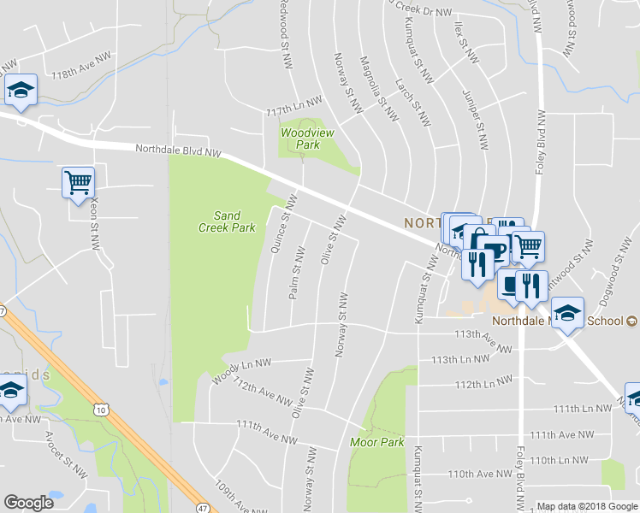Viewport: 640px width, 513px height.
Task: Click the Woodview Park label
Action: [300, 139]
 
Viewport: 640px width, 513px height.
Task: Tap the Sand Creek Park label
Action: [220, 221]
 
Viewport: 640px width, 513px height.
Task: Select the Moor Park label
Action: [376, 442]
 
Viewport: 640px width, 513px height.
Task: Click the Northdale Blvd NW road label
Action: [178, 151]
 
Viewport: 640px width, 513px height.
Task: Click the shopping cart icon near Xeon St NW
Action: [78, 181]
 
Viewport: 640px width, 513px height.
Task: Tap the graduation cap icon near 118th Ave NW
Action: [20, 91]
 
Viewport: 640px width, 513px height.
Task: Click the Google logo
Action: [28, 502]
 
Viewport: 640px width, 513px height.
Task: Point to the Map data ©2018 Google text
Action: [587, 506]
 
